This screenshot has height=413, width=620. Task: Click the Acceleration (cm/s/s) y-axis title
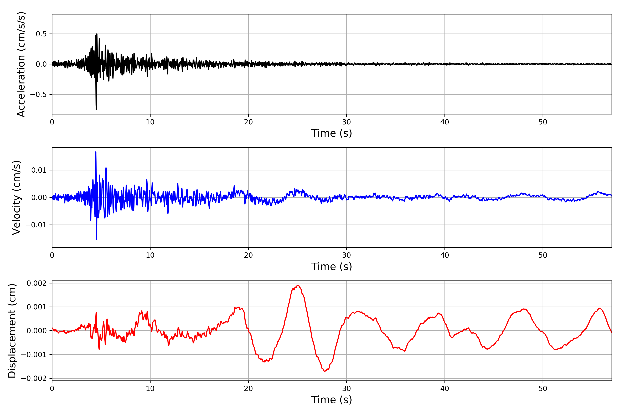click(21, 64)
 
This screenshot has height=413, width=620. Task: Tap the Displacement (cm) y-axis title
click(12, 331)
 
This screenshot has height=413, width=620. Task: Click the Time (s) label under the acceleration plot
click(332, 133)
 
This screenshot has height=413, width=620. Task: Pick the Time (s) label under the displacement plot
click(332, 400)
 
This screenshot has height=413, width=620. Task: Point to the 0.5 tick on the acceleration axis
click(41, 34)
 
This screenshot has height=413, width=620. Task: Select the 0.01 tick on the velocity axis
click(39, 170)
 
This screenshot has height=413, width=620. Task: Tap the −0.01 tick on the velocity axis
click(36, 225)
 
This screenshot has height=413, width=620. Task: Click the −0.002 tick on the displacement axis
click(34, 378)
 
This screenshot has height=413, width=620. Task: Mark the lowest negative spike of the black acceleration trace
click(96, 109)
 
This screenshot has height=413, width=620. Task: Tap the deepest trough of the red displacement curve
click(325, 371)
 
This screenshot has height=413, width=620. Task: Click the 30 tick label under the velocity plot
click(346, 255)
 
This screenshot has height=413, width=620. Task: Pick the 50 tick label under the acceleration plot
click(543, 122)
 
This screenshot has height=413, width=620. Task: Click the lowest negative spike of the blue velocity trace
click(96, 239)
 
